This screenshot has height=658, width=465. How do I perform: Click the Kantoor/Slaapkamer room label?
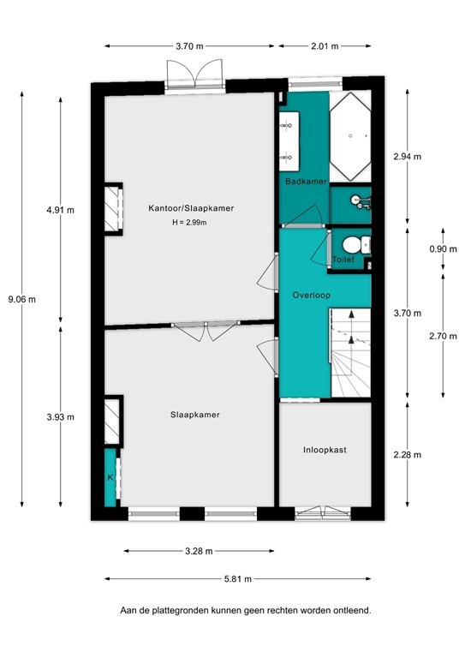[x=191, y=208]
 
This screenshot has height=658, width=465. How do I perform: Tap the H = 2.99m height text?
[x=190, y=223]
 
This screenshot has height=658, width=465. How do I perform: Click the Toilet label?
[x=343, y=258]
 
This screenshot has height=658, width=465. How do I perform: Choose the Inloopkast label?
[x=325, y=449]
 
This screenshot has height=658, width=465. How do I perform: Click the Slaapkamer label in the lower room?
[x=194, y=415]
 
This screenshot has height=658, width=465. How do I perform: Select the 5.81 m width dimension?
[x=237, y=579]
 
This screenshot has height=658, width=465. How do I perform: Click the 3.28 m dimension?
[x=199, y=551]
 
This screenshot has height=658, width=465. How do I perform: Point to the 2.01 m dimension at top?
[x=324, y=46]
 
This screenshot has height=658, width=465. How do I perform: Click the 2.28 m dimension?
[x=408, y=455]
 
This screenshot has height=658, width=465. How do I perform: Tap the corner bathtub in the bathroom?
[x=351, y=129]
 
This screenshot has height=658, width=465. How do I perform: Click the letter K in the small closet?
[x=110, y=477]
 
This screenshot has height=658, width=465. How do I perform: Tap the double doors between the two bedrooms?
[x=205, y=329]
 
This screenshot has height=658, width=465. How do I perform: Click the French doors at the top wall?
[x=194, y=75]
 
